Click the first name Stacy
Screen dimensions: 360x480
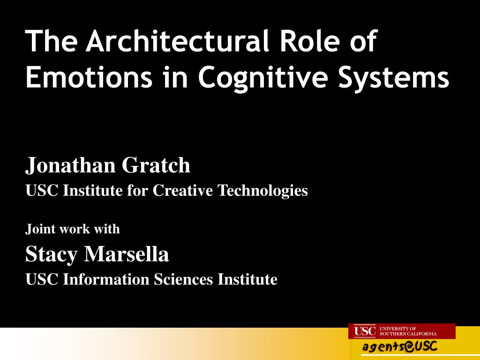coord(52,255)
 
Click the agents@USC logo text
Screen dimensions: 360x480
coord(400,347)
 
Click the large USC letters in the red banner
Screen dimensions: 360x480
coord(365,331)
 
